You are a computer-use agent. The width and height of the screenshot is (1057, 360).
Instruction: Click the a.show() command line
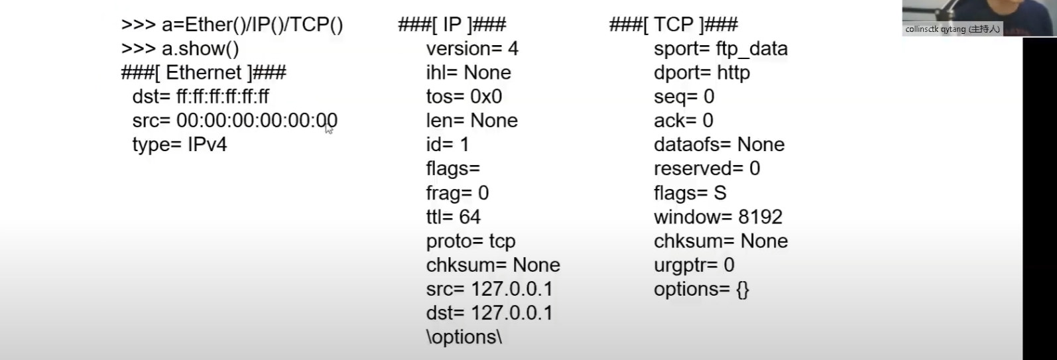(180, 49)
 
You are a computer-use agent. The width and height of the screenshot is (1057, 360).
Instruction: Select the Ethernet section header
(204, 73)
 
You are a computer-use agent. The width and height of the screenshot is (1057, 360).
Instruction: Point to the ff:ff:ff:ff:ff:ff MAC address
(223, 97)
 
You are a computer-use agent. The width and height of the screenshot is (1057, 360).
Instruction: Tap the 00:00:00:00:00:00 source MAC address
(257, 121)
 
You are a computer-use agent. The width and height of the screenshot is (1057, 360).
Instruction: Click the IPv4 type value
(208, 145)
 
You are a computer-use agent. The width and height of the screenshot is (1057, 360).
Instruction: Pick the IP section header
(452, 25)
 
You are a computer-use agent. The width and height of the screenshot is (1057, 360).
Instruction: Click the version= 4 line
(472, 49)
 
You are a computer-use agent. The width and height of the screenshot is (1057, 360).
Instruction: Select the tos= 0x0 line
(464, 97)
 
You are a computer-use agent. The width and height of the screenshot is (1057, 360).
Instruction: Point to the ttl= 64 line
(454, 217)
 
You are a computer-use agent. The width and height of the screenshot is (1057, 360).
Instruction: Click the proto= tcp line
(471, 241)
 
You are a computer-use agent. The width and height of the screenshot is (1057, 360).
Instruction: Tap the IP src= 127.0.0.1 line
(489, 289)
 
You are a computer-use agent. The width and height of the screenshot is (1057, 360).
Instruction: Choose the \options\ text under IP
(464, 337)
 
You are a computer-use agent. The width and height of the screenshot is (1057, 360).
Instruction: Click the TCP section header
(673, 25)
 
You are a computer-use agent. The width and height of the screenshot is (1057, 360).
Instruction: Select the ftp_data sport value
(752, 49)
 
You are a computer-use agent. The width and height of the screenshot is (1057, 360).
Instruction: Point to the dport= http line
(702, 73)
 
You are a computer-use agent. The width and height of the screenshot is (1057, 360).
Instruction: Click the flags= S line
(690, 193)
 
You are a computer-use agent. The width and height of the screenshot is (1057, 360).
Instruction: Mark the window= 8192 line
(718, 217)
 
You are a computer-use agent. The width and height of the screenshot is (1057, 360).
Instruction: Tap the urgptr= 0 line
(694, 265)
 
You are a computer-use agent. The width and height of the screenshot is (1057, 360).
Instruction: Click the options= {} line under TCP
(702, 289)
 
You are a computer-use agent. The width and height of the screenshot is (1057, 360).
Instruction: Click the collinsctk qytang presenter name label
(952, 29)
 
